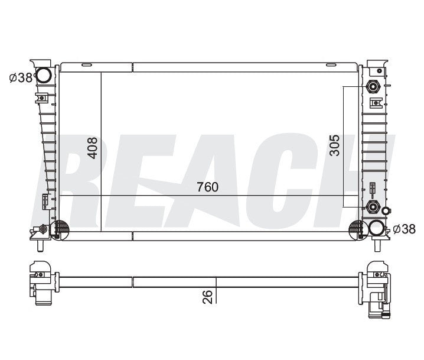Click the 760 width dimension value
point(207,187)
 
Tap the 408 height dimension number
point(93,148)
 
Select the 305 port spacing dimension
point(334,145)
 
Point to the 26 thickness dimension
point(207,297)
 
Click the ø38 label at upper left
point(21,78)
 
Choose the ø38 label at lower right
point(404,229)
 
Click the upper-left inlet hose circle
point(44,75)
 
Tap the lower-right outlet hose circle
point(376,228)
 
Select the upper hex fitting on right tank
point(373,87)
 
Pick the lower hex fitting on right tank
point(373,207)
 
